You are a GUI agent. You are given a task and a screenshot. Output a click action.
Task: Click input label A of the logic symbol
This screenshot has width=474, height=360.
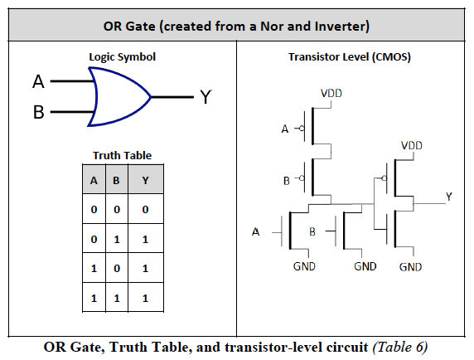point(37,82)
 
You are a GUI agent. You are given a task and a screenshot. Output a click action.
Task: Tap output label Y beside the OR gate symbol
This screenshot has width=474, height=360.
point(206,98)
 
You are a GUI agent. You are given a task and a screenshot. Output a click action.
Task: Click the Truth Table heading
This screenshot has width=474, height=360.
point(122,155)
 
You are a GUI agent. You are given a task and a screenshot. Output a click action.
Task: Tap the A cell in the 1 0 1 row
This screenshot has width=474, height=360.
point(94,267)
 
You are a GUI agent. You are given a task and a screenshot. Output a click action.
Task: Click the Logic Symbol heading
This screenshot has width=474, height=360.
point(122,57)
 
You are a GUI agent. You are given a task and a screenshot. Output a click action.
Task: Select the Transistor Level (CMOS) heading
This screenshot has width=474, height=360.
point(349,57)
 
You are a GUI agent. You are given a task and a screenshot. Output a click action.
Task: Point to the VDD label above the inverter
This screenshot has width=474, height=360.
point(411,144)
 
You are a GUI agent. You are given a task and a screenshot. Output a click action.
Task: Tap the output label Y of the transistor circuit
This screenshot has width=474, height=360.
point(448,196)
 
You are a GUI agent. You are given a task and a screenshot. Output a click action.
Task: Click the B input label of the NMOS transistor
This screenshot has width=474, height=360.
point(313,231)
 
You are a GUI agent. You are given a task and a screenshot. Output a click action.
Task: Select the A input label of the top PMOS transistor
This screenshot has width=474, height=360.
point(285,129)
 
